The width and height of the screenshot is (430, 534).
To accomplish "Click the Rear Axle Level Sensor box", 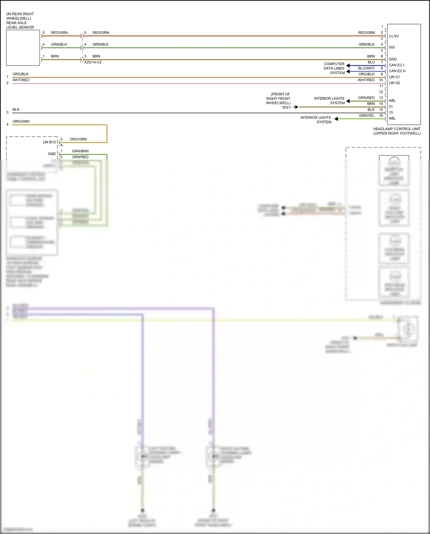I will pyautogui.click(x=23, y=48).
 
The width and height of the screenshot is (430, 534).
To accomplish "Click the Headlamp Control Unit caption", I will pyautogui.click(x=397, y=131).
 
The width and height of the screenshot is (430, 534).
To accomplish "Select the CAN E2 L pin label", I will pyautogui.click(x=397, y=65).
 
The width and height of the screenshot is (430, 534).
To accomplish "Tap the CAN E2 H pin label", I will pyautogui.click(x=397, y=71).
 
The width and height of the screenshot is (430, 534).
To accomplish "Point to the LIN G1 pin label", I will pyautogui.click(x=394, y=77).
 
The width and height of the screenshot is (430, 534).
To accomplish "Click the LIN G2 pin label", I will pyautogui.click(x=394, y=83).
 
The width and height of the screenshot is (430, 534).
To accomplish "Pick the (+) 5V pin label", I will pyautogui.click(x=394, y=36).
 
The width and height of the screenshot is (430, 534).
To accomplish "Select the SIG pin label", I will pyautogui.click(x=392, y=47).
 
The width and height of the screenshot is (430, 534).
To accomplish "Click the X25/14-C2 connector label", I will pyautogui.click(x=93, y=62).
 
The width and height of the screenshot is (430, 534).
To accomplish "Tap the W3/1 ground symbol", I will pyautogui.click(x=296, y=107).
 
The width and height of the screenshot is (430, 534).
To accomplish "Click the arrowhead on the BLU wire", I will pyautogui.click(x=348, y=65).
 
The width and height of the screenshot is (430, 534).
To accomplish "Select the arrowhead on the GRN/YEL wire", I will pyautogui.click(x=336, y=119).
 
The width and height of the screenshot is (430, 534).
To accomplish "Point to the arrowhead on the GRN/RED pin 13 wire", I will pyautogui.click(x=348, y=101).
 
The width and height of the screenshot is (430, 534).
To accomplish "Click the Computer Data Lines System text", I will pyautogui.click(x=334, y=68).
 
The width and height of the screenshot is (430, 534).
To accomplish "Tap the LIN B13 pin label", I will pyautogui.click(x=49, y=142).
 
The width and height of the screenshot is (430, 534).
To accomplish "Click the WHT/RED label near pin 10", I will pyautogui.click(x=366, y=80).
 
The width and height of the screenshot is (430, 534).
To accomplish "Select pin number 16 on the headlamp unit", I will pyautogui.click(x=381, y=116).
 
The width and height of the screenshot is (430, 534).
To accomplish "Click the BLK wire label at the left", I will pyautogui.click(x=16, y=110).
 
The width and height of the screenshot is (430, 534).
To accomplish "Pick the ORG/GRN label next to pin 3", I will pyautogui.click(x=78, y=139).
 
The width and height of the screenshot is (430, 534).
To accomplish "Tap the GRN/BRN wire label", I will pyautogui.click(x=80, y=151).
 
